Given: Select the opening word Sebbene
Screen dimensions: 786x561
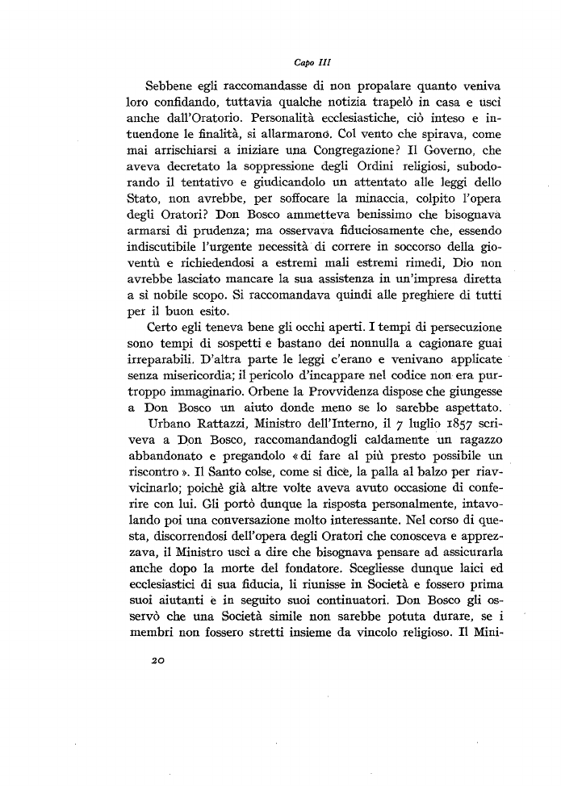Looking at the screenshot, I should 171,86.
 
